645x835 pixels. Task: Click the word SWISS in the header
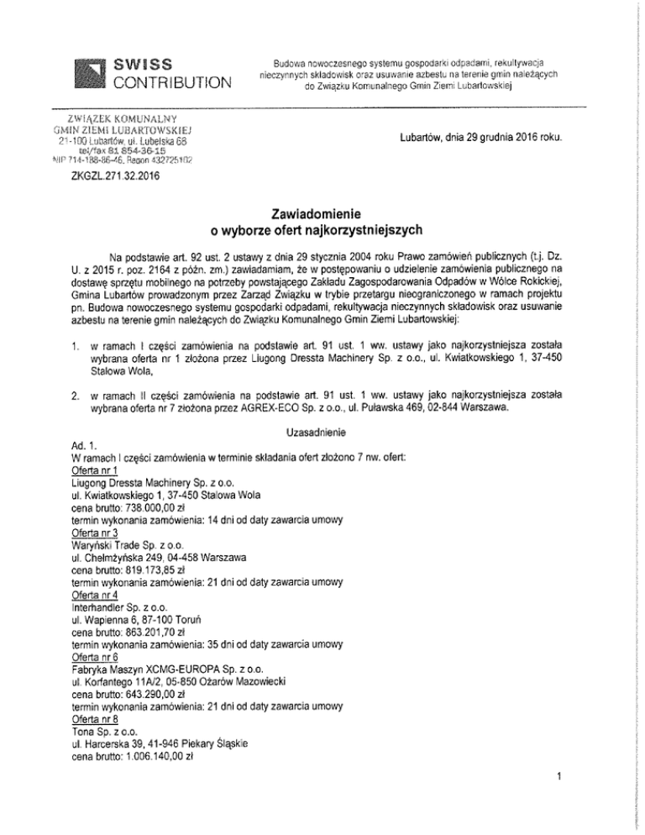click(x=144, y=64)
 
